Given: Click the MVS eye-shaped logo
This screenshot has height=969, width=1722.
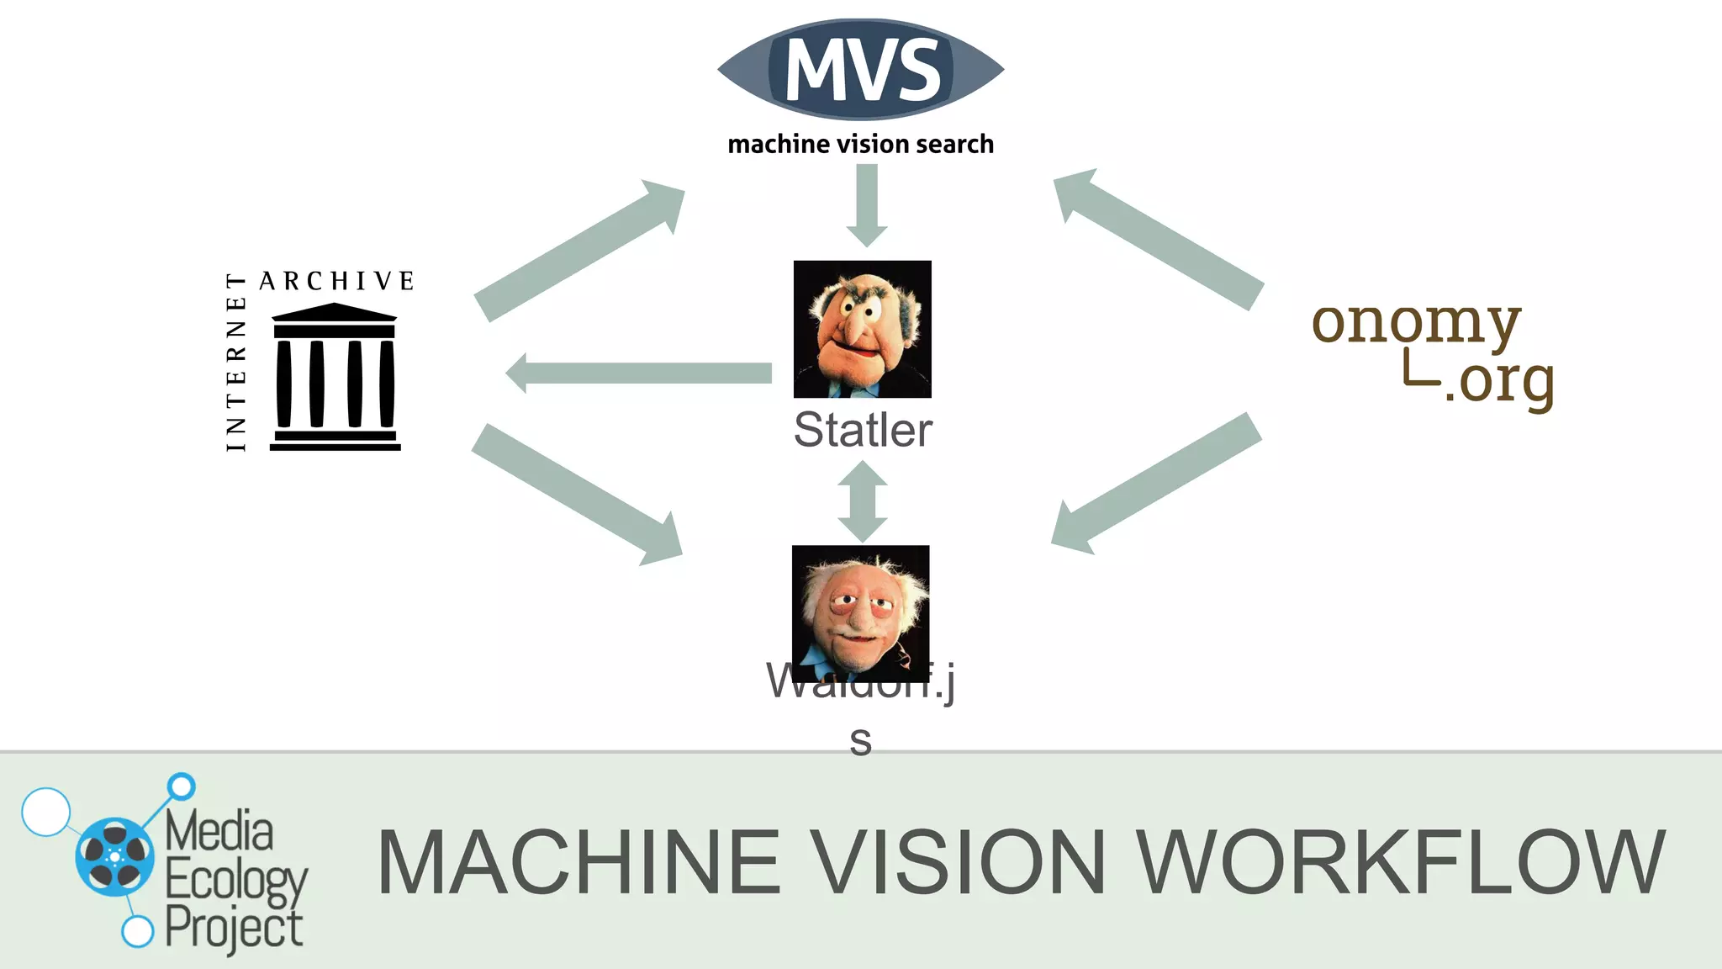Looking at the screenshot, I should pyautogui.click(x=861, y=70).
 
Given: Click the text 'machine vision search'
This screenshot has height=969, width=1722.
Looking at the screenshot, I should pyautogui.click(x=861, y=145).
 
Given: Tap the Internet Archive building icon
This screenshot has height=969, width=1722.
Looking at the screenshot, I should pyautogui.click(x=335, y=378).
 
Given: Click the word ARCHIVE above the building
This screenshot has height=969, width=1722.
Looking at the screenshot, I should pyautogui.click(x=337, y=281).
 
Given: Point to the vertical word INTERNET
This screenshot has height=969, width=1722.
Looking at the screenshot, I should pyautogui.click(x=236, y=362).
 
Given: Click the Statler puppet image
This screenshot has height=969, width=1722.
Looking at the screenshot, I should pyautogui.click(x=863, y=329).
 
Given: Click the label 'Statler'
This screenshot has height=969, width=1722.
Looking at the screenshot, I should pyautogui.click(x=863, y=430).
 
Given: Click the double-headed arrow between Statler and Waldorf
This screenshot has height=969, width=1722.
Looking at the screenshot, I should pyautogui.click(x=863, y=502).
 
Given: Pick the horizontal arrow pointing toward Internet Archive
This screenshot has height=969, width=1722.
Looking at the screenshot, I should pyautogui.click(x=639, y=373).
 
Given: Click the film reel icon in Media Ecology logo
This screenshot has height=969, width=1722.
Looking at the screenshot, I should pyautogui.click(x=115, y=856).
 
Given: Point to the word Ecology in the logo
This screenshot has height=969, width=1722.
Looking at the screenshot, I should pyautogui.click(x=235, y=881).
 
